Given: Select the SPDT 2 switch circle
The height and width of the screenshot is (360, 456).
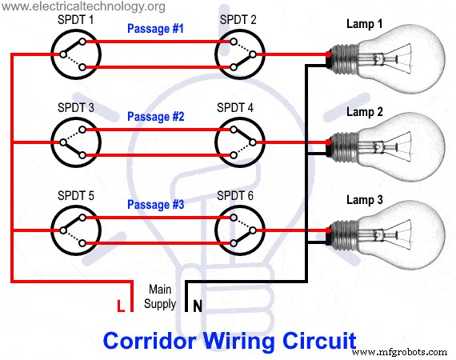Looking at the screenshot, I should point(238,55).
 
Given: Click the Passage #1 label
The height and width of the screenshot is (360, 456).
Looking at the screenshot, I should point(155,30).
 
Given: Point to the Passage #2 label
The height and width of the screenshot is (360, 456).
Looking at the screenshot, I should point(155,117).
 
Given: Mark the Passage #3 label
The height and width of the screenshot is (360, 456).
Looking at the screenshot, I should point(155,205).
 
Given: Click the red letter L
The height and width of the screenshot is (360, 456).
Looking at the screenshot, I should point(121,306).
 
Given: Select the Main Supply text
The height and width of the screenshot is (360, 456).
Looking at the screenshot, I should point(159,297).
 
